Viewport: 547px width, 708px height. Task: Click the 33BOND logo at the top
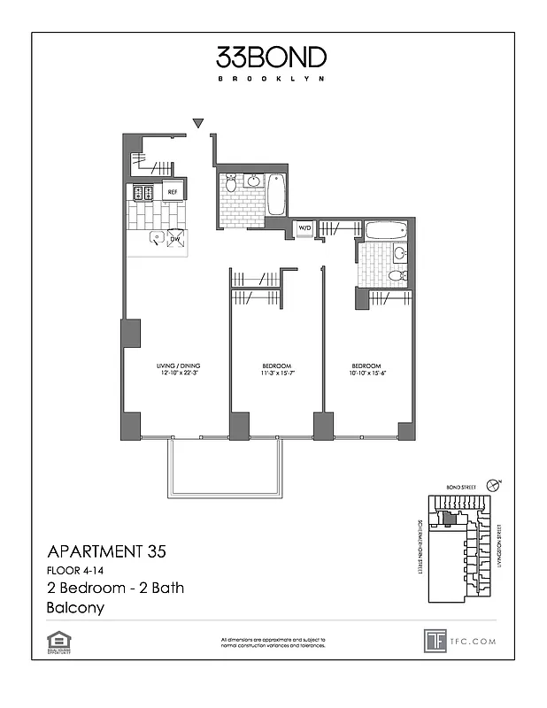(x=271, y=58)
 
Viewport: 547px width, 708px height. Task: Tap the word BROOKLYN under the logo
(x=271, y=79)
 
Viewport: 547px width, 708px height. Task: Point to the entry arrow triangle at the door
(x=198, y=123)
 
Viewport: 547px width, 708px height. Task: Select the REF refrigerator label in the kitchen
(x=173, y=191)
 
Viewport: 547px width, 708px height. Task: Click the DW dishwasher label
(x=175, y=238)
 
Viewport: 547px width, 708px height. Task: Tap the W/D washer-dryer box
(x=304, y=228)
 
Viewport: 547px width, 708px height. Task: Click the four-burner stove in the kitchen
(x=141, y=191)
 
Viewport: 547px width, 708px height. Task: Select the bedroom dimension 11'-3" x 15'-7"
(x=276, y=373)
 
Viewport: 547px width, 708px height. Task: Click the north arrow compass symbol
(x=499, y=483)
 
